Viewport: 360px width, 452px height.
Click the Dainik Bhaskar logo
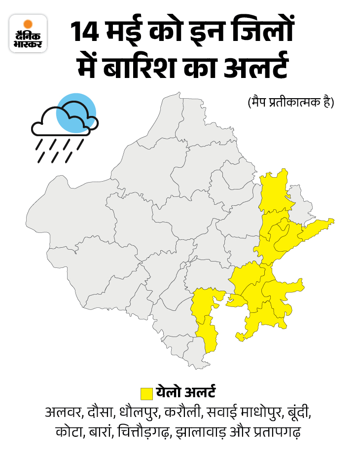[x=28, y=34]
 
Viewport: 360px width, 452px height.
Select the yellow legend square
[x=146, y=393]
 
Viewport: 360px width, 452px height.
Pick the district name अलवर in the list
[x=64, y=413]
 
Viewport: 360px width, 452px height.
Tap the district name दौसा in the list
[x=102, y=413]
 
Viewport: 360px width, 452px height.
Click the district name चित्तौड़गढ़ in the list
[x=144, y=432]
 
